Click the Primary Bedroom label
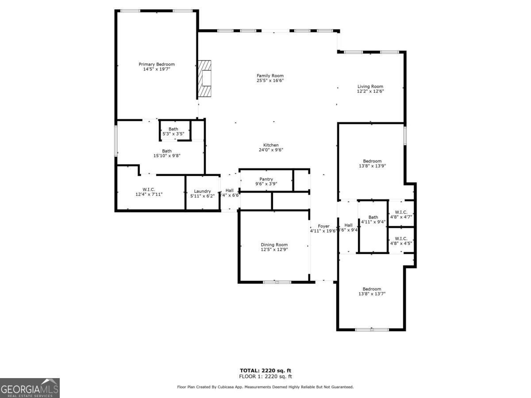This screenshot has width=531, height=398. point(157,64)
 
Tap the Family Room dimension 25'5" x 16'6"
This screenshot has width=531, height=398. point(270,80)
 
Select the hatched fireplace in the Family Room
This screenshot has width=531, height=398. point(205,78)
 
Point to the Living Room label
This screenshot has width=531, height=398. point(370,86)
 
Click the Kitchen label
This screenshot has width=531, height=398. point(271,145)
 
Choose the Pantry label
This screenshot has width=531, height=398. point(266,179)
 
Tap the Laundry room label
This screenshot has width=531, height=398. point(202,191)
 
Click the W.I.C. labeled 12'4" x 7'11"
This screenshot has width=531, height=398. point(149,194)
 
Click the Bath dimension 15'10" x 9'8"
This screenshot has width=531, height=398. point(166,156)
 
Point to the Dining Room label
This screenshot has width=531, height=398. point(274,245)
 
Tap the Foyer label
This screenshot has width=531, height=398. point(323,226)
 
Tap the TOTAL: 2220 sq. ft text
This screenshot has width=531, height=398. point(265,371)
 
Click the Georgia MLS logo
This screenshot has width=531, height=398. point(30,388)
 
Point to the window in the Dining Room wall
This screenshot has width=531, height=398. point(277,282)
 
